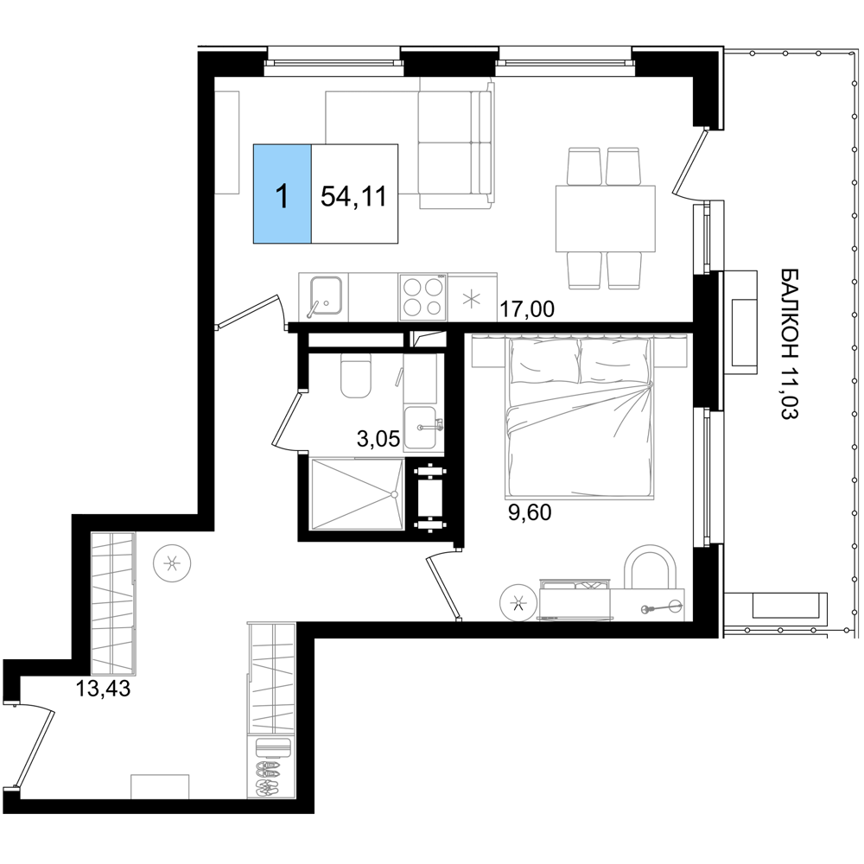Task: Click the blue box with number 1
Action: (282, 194)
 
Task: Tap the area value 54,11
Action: (353, 196)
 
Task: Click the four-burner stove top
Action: (422, 296)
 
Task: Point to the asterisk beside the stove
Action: (471, 300)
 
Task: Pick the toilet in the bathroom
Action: (355, 377)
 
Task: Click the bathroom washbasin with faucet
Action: (422, 427)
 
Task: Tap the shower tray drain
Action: (393, 494)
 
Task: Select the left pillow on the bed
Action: (543, 358)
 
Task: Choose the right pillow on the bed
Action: (613, 358)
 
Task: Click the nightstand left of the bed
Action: (488, 352)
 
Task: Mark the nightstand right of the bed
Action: (670, 352)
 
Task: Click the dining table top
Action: (605, 219)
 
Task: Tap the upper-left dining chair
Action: (584, 166)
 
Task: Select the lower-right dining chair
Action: (624, 270)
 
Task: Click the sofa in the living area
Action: (454, 143)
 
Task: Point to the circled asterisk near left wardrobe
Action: (172, 564)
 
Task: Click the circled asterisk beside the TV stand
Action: (518, 601)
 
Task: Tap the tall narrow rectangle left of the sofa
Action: (227, 143)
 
